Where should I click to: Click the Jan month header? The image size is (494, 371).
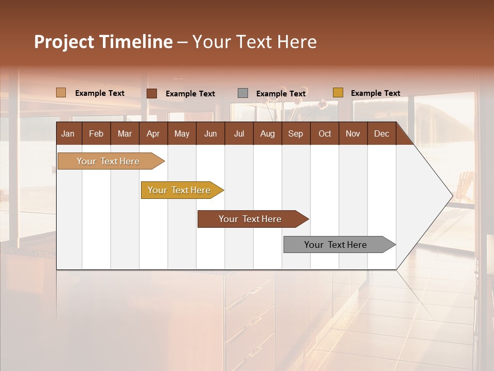point(68,134)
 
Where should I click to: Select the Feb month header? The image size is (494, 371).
point(96,134)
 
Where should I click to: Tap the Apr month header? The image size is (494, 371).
point(153,134)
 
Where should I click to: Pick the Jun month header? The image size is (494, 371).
point(210,134)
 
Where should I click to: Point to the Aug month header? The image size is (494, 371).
point(267,134)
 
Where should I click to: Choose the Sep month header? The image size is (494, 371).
point(295,134)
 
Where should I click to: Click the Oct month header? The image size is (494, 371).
point(325,134)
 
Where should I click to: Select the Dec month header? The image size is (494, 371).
point(381,134)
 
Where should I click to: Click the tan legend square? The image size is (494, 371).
point(61,93)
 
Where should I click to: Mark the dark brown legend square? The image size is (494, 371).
point(152,93)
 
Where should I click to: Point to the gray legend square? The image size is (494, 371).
point(243,93)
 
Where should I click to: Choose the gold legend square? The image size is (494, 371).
point(338,93)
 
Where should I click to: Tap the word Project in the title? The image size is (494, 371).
point(64,42)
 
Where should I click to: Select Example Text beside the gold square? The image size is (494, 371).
point(375,93)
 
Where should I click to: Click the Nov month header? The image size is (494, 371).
point(353,134)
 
